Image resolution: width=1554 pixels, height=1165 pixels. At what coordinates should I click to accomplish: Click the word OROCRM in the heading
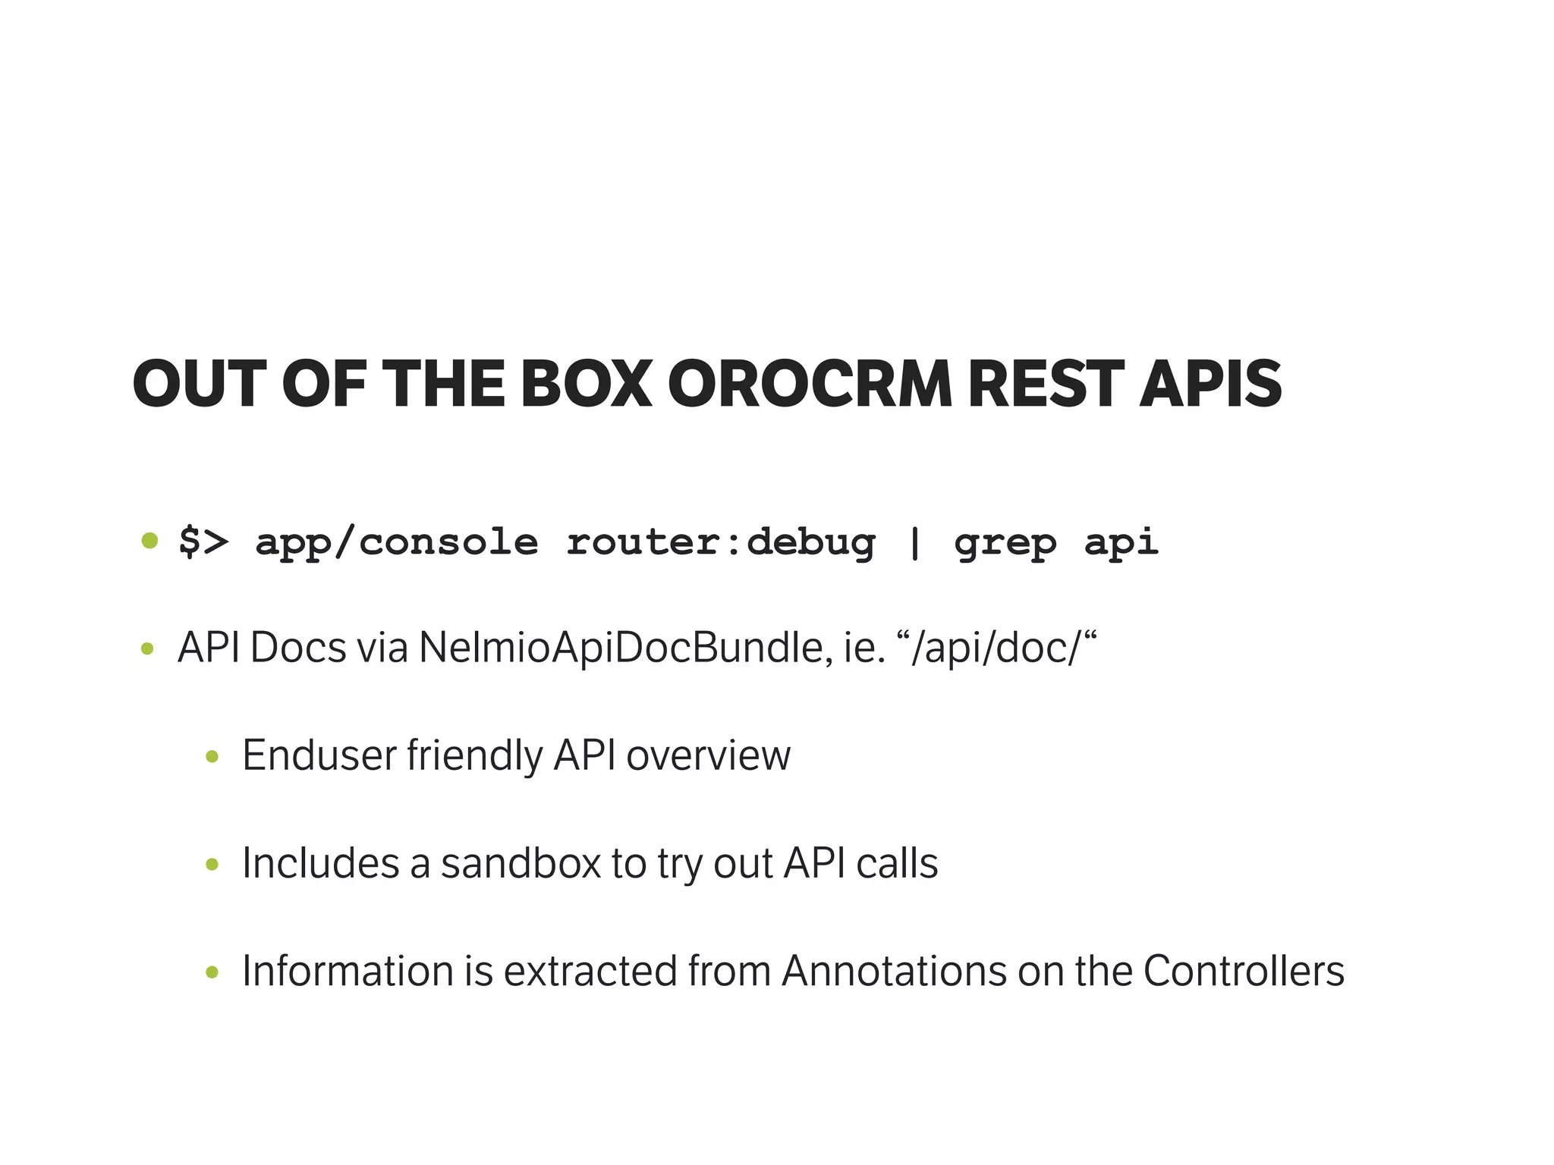(810, 384)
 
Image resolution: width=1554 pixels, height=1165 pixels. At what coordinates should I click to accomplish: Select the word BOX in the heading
(586, 384)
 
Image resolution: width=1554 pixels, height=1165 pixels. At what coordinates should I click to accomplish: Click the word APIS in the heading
(1210, 384)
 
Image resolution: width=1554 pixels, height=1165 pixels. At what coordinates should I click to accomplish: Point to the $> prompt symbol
(203, 542)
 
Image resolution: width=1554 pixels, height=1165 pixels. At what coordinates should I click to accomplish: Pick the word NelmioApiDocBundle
(621, 648)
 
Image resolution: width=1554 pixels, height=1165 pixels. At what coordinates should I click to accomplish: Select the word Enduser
(319, 755)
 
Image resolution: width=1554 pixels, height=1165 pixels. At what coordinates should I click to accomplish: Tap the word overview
(708, 755)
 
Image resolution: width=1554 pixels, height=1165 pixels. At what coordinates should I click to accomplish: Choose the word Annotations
(894, 971)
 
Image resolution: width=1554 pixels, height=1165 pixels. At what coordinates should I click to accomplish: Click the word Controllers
(1244, 971)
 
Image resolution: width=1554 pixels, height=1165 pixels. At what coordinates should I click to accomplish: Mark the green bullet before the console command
(149, 541)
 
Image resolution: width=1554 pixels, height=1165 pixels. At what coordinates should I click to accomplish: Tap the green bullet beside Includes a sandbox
(212, 864)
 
